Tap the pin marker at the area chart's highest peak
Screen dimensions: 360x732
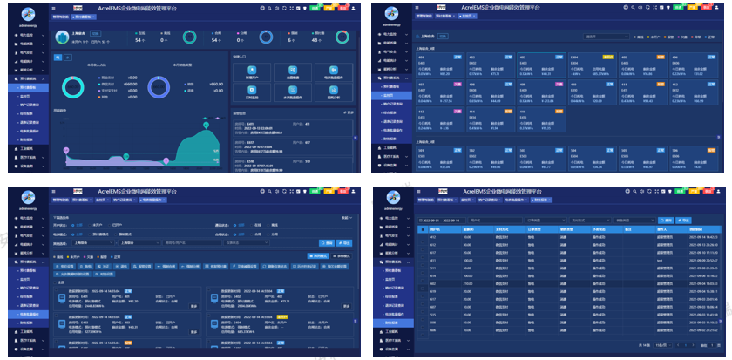coord(206,119)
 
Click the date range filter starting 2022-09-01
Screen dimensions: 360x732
coord(441,220)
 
